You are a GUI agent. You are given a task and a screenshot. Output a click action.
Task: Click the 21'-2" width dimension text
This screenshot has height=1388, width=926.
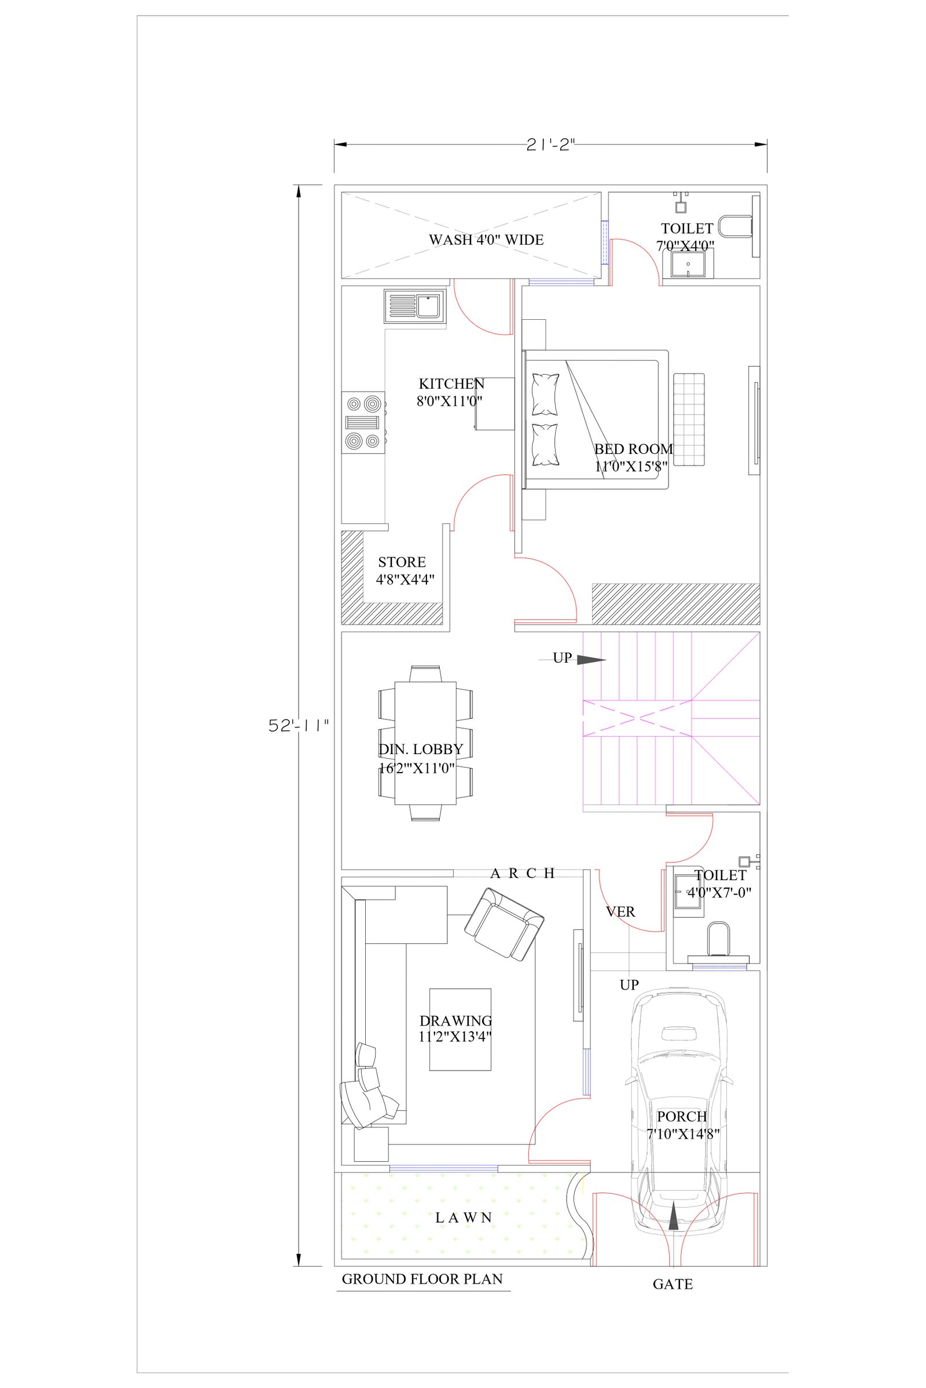click(x=550, y=145)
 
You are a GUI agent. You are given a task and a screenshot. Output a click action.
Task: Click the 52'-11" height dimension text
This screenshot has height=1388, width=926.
click(x=299, y=725)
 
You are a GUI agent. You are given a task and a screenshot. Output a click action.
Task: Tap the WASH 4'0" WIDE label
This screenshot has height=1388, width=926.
click(x=486, y=239)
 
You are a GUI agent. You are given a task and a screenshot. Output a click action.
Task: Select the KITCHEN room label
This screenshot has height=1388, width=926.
click(x=452, y=383)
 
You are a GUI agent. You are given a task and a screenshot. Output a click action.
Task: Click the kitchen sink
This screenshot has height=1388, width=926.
click(x=414, y=307)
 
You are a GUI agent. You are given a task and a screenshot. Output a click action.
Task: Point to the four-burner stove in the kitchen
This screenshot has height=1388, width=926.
click(x=364, y=423)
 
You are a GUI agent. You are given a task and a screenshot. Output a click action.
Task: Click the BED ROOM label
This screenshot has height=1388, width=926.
click(x=633, y=449)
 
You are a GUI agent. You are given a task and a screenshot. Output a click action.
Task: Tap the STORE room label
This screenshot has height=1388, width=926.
click(x=402, y=562)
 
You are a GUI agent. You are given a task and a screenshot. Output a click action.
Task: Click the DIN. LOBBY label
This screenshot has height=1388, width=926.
click(x=421, y=750)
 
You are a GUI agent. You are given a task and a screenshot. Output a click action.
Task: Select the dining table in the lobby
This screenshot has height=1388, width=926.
click(x=425, y=743)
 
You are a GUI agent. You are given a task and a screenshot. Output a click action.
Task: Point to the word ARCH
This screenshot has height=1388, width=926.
click(x=523, y=873)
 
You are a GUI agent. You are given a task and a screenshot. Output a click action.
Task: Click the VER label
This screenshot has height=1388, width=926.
click(x=620, y=912)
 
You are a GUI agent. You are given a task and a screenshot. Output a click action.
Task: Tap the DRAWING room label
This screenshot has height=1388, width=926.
click(x=456, y=1021)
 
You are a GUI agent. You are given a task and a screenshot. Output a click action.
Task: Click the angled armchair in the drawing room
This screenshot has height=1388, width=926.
click(x=504, y=925)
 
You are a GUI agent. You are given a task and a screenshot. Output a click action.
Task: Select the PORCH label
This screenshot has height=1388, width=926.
click(x=682, y=1117)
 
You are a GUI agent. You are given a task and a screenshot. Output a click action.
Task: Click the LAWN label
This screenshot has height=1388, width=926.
click(x=464, y=1217)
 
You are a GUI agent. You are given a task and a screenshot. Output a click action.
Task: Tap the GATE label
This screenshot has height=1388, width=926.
click(x=673, y=1284)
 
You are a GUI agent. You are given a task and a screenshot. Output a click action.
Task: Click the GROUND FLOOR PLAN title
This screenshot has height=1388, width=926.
click(x=422, y=1279)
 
